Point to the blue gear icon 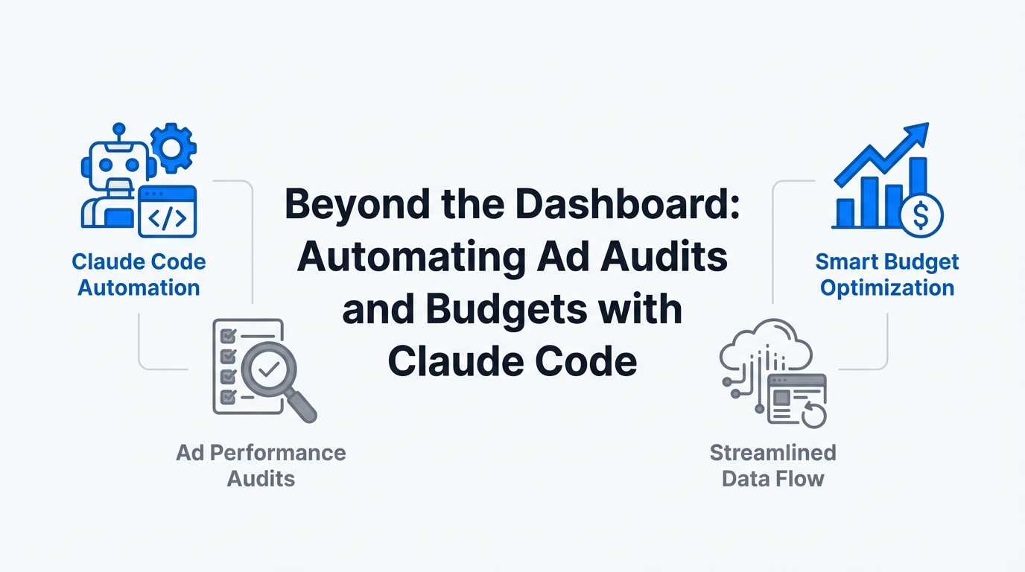174,147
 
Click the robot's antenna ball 119,129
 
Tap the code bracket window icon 168,212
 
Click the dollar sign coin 921,215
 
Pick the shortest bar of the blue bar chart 845,213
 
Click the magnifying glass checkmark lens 269,369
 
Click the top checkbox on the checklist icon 228,337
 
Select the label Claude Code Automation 139,275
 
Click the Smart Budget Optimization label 886,275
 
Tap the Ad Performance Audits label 261,465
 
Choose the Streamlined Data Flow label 773,465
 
